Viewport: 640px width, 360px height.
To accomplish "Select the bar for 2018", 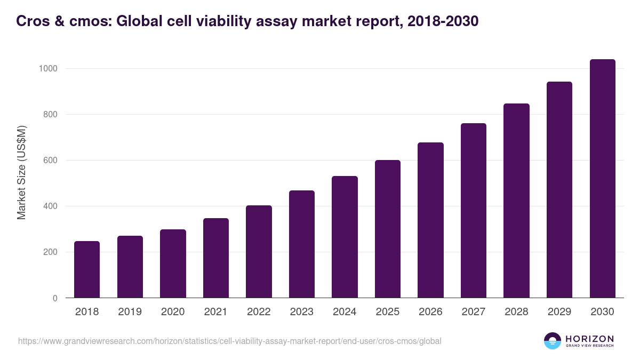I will [87, 269].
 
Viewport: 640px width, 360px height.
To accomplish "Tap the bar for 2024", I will [345, 237].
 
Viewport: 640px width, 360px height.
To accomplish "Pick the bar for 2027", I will [473, 210].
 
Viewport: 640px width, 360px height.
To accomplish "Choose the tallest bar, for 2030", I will [602, 178].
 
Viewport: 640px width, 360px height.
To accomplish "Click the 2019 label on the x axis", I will [130, 312].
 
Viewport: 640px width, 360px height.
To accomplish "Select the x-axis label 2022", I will [259, 312].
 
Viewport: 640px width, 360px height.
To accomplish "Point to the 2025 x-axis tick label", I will [387, 312].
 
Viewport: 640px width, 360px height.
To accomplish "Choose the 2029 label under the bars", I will [559, 312].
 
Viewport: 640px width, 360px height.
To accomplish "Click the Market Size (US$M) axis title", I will [21, 172].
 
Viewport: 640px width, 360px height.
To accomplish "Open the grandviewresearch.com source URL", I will [229, 341].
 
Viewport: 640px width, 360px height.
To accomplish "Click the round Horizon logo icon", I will [553, 341].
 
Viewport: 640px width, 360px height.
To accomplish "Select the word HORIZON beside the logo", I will [589, 338].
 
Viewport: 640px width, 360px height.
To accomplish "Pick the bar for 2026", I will [430, 220].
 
